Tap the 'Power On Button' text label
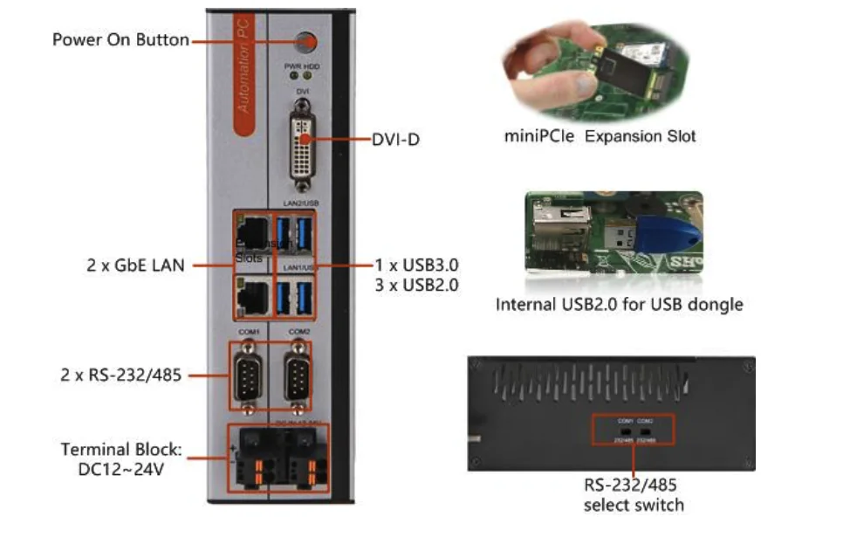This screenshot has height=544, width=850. [x=120, y=40]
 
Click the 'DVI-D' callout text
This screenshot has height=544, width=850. [x=395, y=139]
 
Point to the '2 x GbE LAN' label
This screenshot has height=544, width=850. [x=136, y=265]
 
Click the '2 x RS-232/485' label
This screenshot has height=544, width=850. [x=121, y=376]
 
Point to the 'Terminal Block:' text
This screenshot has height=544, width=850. [x=120, y=450]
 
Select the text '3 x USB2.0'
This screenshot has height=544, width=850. [x=416, y=285]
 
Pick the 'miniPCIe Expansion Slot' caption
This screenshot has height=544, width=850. [x=600, y=137]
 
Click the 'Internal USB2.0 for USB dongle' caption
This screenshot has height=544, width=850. [x=619, y=305]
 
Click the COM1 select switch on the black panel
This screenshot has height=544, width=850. [x=626, y=430]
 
